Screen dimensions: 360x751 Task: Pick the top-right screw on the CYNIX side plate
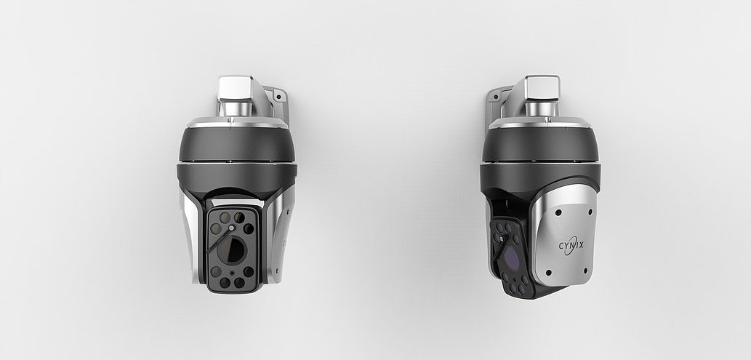click(x=590, y=212)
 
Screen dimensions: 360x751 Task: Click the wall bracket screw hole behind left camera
click(x=276, y=95)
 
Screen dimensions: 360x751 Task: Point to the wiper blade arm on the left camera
click(x=218, y=241)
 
